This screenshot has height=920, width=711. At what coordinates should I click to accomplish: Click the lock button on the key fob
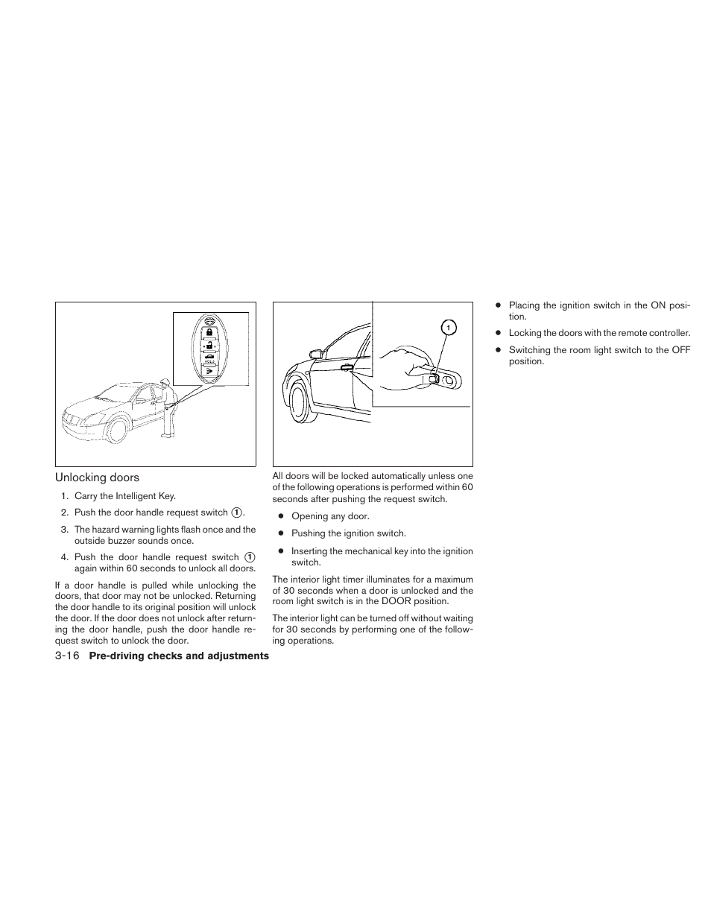210,332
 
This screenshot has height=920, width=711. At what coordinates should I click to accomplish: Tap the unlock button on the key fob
210,346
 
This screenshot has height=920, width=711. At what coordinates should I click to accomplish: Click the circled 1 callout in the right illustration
447,327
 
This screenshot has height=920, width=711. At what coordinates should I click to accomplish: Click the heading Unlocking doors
97,478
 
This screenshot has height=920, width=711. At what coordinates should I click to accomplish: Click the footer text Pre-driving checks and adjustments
179,656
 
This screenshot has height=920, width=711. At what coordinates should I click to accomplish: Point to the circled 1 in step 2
236,513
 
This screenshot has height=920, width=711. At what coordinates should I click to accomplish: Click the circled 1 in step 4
250,556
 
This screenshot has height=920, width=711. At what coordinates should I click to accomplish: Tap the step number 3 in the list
65,530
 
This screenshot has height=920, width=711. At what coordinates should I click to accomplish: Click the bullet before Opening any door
282,516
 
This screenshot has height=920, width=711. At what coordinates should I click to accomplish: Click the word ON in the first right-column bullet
661,305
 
